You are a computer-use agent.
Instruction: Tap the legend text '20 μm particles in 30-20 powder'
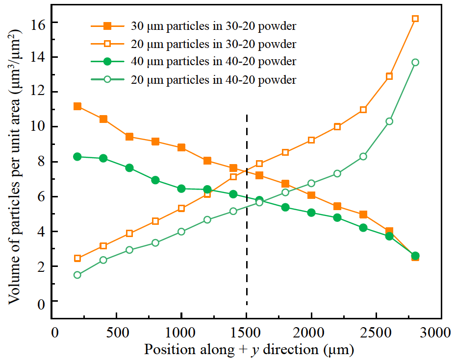click(x=213, y=44)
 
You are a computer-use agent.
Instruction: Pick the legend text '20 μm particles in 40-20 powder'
click(x=213, y=79)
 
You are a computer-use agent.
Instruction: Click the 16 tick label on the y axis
click(x=38, y=24)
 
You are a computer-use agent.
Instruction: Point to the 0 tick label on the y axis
click(x=42, y=302)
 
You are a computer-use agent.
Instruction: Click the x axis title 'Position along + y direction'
click(x=249, y=350)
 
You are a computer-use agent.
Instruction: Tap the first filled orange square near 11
click(x=77, y=106)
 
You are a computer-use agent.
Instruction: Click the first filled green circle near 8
click(x=77, y=157)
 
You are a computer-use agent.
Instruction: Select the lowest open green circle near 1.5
click(x=77, y=275)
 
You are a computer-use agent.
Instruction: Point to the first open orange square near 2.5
click(x=77, y=258)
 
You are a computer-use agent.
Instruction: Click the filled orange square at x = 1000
click(x=181, y=147)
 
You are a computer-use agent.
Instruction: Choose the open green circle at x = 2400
click(x=363, y=156)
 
